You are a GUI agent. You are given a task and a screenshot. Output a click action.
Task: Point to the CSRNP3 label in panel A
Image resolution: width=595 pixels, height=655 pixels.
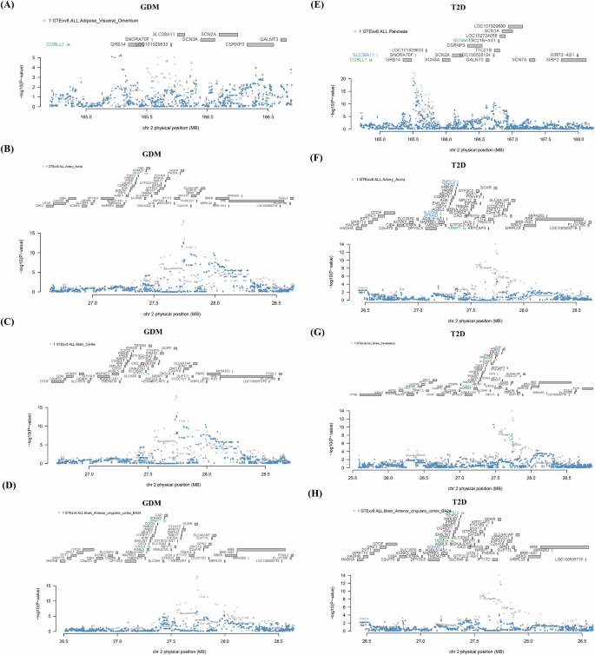(235, 42)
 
